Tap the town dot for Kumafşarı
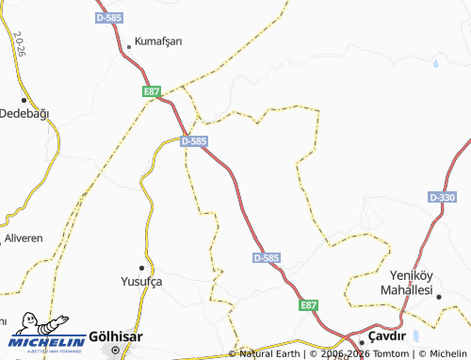pos(129,46)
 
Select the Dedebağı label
pos(24,112)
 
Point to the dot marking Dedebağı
pos(24,98)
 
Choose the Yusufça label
pos(142,281)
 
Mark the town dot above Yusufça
pos(142,268)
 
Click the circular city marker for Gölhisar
pos(116,350)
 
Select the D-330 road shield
pos(442,197)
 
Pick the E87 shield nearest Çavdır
pos(309,306)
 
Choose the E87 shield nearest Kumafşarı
pos(153,91)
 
